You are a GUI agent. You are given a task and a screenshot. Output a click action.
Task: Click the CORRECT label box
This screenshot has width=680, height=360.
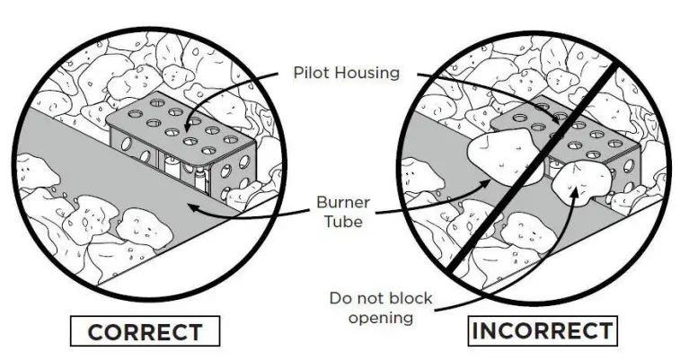coord(144,333)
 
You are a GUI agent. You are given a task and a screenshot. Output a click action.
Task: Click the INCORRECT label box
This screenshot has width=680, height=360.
coord(543,329)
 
